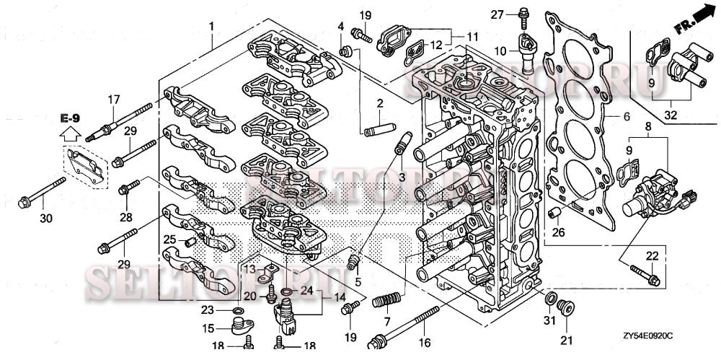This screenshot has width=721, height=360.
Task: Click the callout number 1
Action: [x=211, y=26]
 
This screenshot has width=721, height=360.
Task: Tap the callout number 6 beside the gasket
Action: [x=627, y=117]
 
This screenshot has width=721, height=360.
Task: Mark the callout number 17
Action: [x=113, y=99]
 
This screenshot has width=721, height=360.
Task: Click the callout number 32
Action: [x=671, y=113]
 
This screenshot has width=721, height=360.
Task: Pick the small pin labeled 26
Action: [x=555, y=212]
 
